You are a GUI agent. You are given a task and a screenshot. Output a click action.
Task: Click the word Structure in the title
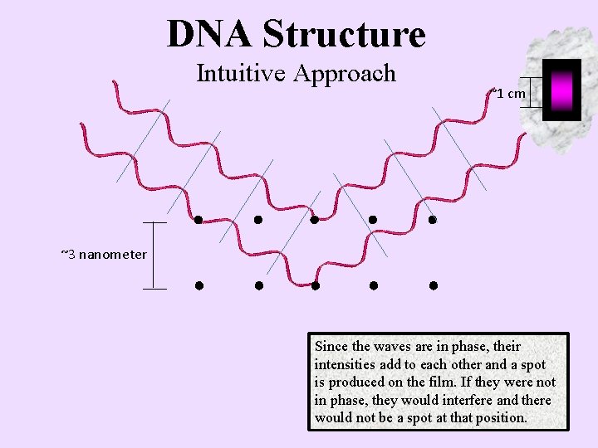343,34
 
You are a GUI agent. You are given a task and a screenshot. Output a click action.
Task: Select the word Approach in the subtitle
345,75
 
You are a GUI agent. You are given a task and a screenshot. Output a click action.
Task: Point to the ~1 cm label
508,93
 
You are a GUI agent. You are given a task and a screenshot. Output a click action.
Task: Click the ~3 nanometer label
104,254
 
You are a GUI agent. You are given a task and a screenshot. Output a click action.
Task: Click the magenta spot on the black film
561,89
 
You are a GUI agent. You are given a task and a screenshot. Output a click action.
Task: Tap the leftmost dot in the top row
198,220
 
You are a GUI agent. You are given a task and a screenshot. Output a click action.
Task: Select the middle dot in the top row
315,220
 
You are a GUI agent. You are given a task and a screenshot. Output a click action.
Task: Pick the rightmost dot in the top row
432,220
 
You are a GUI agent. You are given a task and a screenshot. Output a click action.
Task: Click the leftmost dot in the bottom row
199,285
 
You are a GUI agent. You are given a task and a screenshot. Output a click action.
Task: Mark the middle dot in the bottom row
316,285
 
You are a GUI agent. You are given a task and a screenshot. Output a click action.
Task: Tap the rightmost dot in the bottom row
433,285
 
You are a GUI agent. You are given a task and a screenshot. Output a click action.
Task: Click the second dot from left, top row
257,220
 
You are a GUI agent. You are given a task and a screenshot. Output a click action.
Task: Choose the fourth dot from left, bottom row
374,285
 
